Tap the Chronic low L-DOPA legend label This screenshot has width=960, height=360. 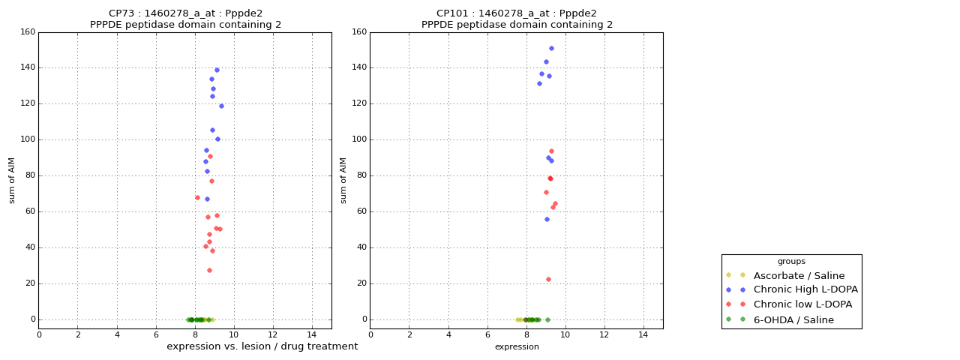[x=802, y=304]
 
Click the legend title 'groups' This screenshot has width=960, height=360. [x=791, y=261]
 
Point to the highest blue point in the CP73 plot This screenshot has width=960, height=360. [x=217, y=70]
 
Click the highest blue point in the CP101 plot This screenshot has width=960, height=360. [x=551, y=48]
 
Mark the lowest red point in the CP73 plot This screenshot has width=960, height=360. [x=209, y=270]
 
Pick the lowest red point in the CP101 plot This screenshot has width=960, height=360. [x=548, y=279]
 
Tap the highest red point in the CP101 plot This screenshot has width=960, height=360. [x=551, y=151]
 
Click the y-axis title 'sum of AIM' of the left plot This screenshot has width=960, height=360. [x=12, y=180]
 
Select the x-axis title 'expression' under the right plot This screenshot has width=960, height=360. [x=517, y=346]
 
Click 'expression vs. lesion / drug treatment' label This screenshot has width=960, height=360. [x=262, y=346]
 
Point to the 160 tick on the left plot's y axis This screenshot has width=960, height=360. [x=28, y=32]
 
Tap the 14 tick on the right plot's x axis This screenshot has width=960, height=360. [x=643, y=334]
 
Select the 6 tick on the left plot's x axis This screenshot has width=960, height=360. [x=156, y=334]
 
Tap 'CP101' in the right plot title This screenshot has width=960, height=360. [x=452, y=13]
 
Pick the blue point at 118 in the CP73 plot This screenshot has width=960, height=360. [x=221, y=106]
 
